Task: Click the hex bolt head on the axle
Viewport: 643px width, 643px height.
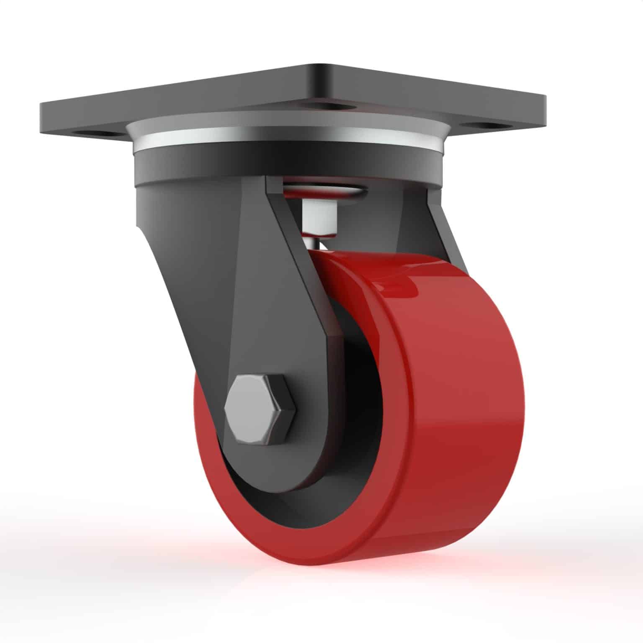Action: pyautogui.click(x=260, y=409)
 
